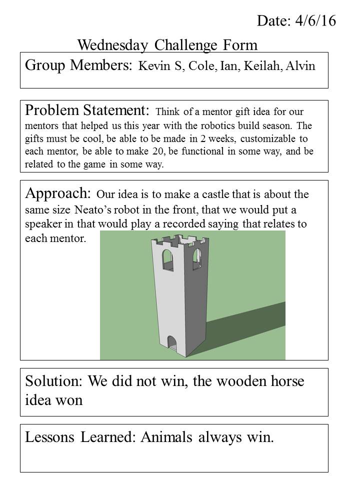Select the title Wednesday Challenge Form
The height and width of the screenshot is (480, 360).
(167, 45)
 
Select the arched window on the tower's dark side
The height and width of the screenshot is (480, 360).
(197, 258)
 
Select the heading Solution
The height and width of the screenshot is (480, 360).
(54, 381)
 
